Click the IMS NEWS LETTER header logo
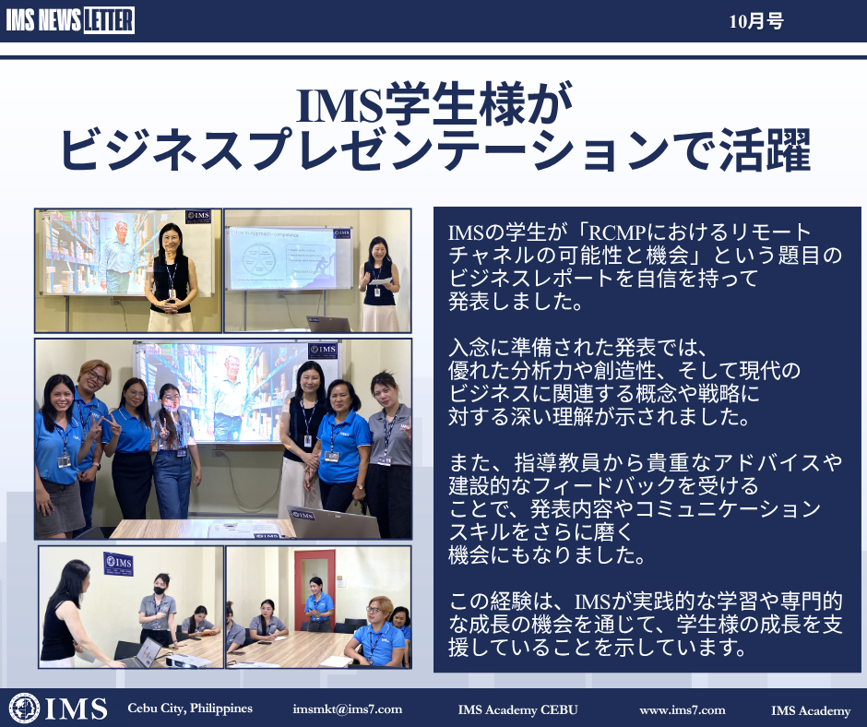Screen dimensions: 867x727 click(x=70, y=21)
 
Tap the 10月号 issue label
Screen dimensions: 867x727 click(x=756, y=21)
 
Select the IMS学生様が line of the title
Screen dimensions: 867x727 click(x=434, y=104)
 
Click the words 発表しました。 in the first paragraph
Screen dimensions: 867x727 click(x=515, y=302)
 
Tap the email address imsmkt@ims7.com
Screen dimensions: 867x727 click(x=347, y=709)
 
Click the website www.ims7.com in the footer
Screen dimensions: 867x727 click(x=683, y=709)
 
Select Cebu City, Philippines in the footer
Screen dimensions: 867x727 click(x=190, y=709)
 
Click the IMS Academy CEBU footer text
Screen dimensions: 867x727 click(x=517, y=709)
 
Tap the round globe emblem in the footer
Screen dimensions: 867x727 click(x=24, y=709)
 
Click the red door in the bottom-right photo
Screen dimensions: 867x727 click(x=315, y=588)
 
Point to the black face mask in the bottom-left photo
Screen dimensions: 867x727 click(x=160, y=590)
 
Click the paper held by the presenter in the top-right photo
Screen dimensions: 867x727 click(x=380, y=281)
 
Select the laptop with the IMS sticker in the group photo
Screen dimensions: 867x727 click(x=332, y=522)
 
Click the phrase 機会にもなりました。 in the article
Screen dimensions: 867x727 click(x=546, y=554)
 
